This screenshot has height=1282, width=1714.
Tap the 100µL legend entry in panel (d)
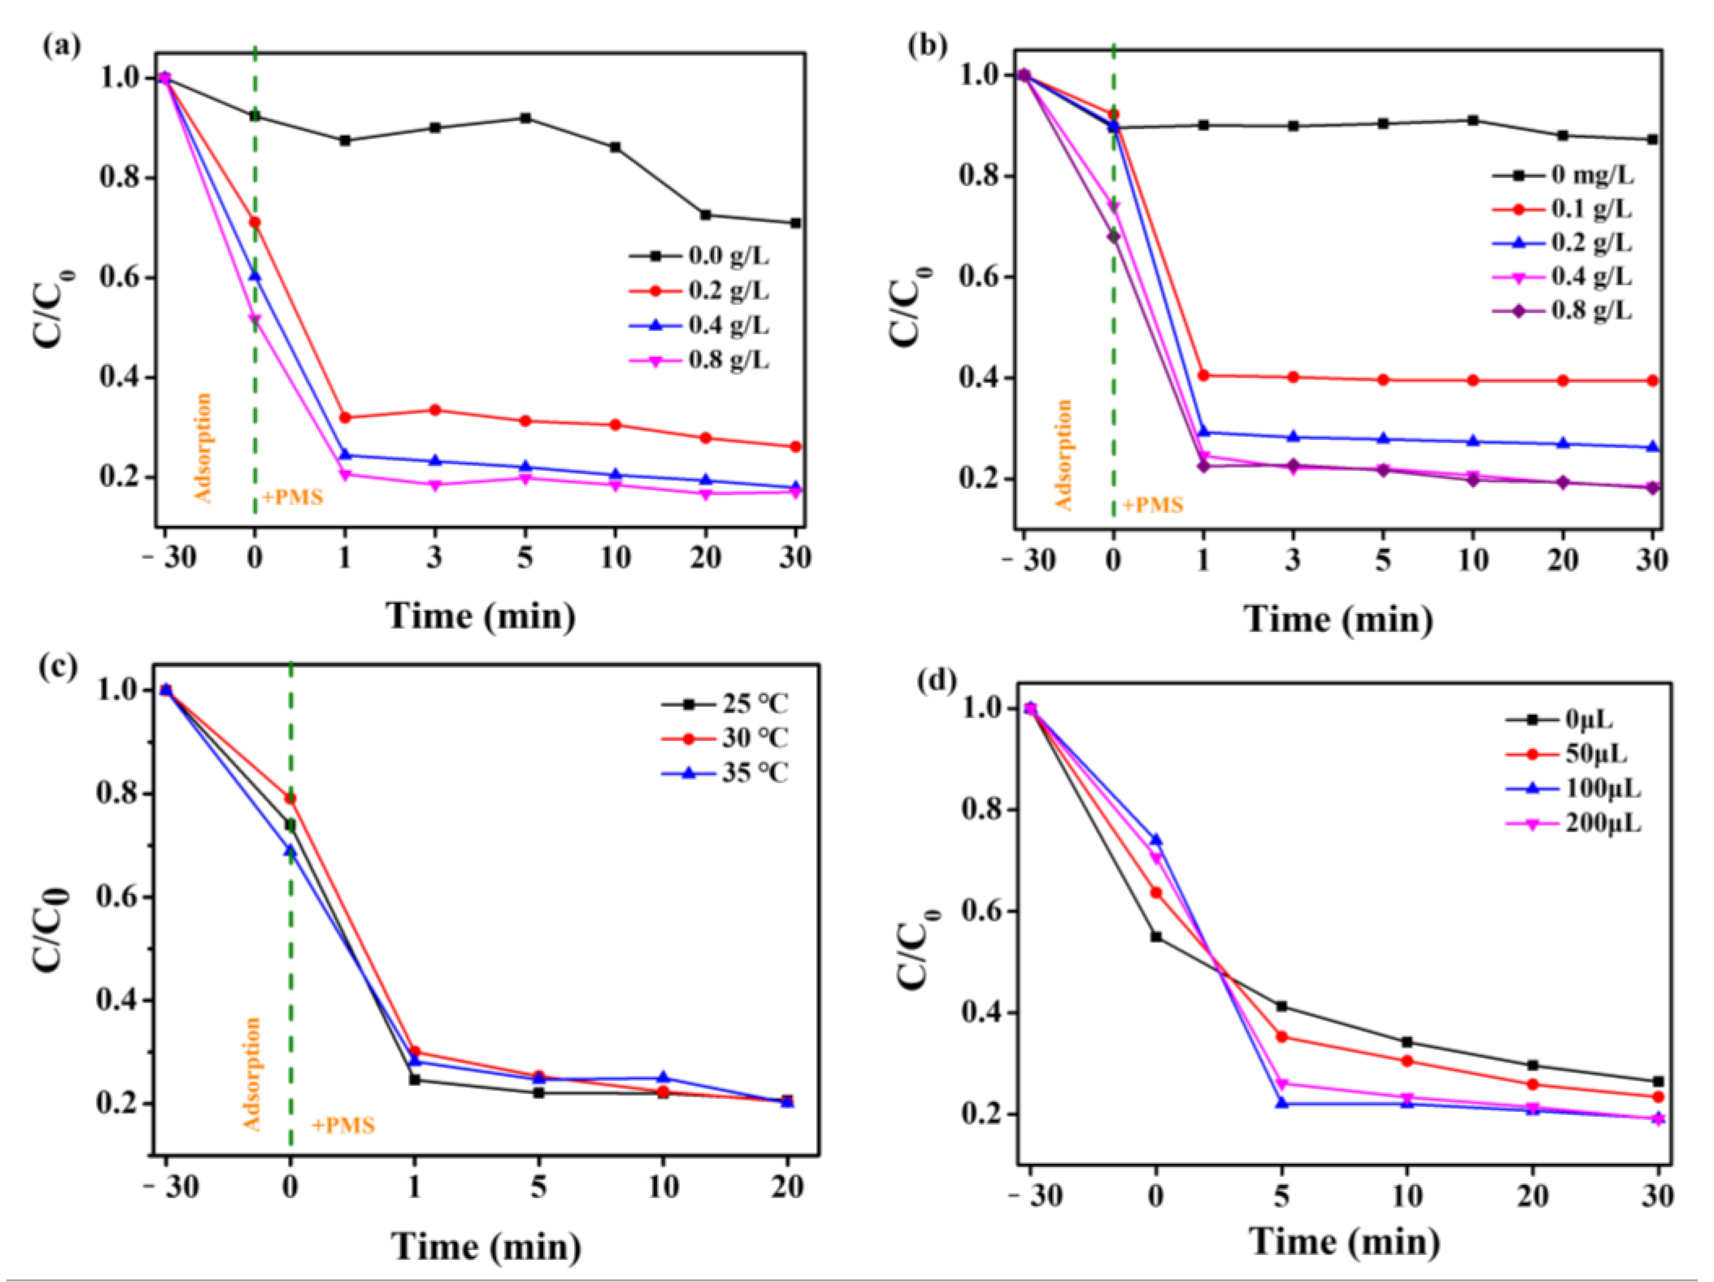(1602, 789)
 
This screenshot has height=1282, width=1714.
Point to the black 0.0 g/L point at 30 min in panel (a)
(795, 223)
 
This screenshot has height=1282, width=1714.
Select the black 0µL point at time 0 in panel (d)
(1156, 936)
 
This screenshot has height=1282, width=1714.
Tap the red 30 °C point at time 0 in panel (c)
(290, 798)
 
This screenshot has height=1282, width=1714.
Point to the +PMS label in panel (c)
(343, 1125)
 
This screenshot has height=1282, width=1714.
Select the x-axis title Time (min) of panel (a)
(481, 617)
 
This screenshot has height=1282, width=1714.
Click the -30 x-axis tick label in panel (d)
(1035, 1197)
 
